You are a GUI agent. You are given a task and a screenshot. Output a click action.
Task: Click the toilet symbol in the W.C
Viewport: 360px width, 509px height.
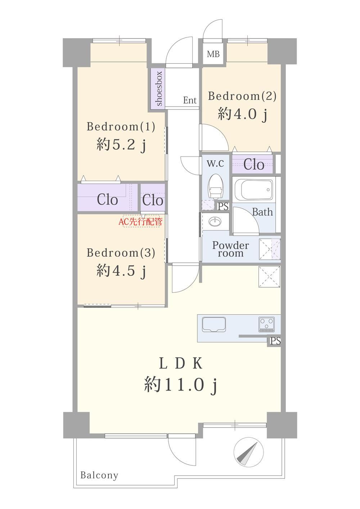[x=215, y=186]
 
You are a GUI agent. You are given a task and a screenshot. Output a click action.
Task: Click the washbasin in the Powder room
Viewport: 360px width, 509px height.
[x=215, y=221]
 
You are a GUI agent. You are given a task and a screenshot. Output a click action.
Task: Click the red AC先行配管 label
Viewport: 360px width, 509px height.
[x=140, y=221]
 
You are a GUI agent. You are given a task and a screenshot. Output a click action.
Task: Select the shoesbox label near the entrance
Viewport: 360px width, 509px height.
[x=159, y=89]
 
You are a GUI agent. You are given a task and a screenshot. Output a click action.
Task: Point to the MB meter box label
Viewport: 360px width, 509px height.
[x=213, y=54]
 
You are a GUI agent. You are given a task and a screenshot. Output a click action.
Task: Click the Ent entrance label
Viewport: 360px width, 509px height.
[x=190, y=100]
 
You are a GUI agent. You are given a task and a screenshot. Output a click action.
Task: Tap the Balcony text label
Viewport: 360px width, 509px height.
[x=99, y=475]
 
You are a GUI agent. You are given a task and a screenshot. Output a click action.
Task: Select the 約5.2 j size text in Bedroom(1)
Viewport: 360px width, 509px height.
[x=121, y=144]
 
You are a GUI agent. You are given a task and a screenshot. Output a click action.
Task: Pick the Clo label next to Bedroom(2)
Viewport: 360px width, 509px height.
[x=254, y=164]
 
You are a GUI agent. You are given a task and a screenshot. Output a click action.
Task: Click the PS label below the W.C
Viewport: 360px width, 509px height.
[x=224, y=206]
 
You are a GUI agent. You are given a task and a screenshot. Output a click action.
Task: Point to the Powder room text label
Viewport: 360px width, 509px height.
[x=230, y=249]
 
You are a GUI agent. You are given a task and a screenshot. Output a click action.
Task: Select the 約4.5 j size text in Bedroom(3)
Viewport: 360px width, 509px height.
[x=121, y=270]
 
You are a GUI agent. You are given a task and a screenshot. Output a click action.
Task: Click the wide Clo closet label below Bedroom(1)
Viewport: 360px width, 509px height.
[x=107, y=200]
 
